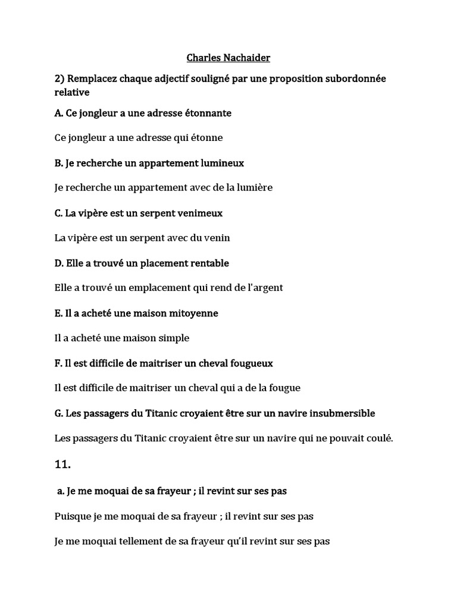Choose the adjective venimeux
(x=198, y=212)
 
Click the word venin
(x=217, y=237)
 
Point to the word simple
(x=173, y=338)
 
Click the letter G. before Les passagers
(x=58, y=413)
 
